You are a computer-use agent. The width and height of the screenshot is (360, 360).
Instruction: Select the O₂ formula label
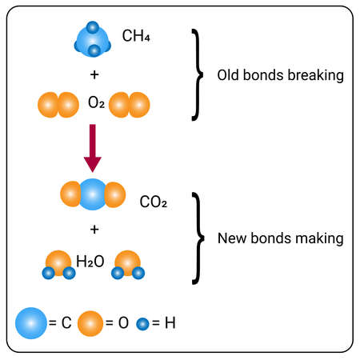click(96, 103)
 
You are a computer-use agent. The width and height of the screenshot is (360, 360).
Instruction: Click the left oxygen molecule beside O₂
click(58, 103)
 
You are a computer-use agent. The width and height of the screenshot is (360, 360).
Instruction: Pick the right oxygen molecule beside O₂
click(131, 103)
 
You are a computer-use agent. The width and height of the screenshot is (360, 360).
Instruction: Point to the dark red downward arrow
click(93, 147)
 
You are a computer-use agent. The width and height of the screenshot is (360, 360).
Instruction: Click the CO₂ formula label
click(153, 202)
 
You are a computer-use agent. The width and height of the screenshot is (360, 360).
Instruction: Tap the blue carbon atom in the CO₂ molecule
click(93, 194)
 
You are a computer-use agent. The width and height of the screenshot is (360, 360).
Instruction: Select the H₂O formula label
click(90, 261)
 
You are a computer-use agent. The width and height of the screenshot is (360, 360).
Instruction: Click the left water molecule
click(58, 265)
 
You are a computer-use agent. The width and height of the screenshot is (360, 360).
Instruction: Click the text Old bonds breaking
click(280, 76)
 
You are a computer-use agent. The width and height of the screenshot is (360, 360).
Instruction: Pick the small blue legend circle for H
click(144, 324)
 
